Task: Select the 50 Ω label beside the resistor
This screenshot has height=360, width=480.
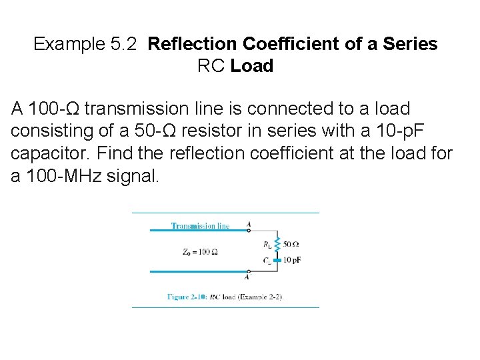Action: click(x=291, y=244)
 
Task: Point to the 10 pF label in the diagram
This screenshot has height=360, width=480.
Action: click(x=292, y=259)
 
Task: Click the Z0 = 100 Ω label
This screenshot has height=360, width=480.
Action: click(x=200, y=251)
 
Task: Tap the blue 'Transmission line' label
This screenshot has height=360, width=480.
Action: click(x=200, y=226)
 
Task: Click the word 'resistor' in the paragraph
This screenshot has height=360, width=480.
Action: click(x=257, y=131)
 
